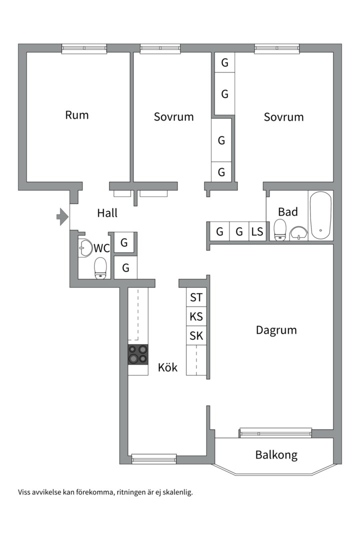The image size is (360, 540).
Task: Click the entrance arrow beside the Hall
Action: (62, 216)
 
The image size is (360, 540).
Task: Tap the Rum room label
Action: (77, 115)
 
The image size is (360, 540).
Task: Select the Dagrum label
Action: (276, 330)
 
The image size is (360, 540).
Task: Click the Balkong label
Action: (276, 455)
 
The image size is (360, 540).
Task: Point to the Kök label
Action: (167, 367)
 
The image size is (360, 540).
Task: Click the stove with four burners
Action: (138, 354)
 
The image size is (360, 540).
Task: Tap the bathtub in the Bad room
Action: (320, 215)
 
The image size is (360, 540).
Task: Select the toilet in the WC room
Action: (101, 267)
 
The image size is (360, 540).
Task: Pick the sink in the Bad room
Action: (299, 233)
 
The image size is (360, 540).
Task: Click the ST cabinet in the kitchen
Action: (196, 297)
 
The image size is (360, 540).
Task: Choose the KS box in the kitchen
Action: (196, 316)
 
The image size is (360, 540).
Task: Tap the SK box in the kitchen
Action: (196, 335)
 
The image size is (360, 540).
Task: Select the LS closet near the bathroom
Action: (257, 231)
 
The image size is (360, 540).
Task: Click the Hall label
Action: (107, 213)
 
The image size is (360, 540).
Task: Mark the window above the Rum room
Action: (84, 48)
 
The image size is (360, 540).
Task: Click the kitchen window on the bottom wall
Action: (153, 457)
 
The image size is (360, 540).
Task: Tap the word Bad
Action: (288, 211)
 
